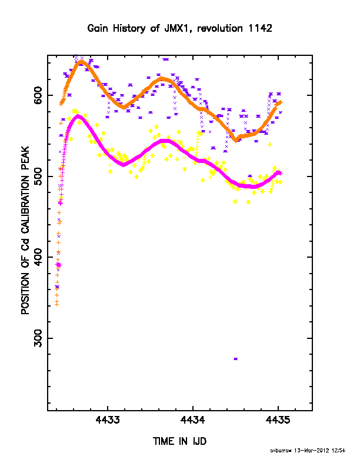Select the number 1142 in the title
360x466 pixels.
tap(260, 28)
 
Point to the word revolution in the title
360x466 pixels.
tap(220, 28)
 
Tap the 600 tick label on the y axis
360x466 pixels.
tap(38, 95)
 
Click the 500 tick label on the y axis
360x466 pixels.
tap(38, 177)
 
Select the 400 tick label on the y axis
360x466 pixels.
tap(38, 257)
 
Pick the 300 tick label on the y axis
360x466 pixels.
tap(38, 338)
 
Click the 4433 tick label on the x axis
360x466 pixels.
tap(108, 420)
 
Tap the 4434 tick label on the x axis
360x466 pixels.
tap(193, 420)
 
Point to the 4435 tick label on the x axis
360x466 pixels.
tap(278, 420)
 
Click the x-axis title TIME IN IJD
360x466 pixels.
tap(179, 441)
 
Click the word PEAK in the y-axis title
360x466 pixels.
tap(25, 158)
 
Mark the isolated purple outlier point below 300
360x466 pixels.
tap(235, 359)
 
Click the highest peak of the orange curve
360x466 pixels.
tap(81, 62)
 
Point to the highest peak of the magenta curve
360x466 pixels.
tap(78, 116)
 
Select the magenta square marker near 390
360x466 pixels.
tap(58, 265)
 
